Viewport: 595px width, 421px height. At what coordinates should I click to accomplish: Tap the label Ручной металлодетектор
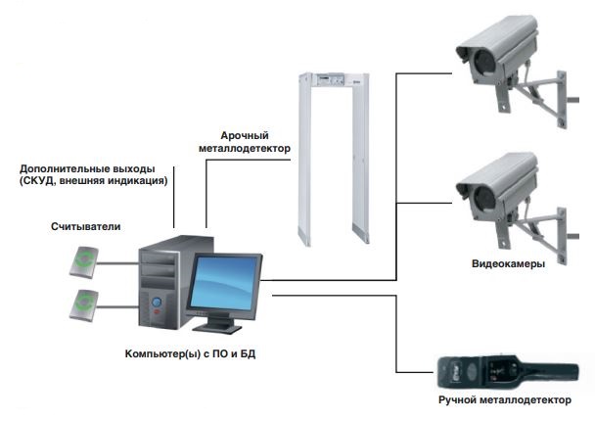[504, 400]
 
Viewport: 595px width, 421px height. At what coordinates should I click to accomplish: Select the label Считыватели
[86, 226]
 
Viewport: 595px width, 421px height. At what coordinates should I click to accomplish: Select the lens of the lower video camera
[482, 199]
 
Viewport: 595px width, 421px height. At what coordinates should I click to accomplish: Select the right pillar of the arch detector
[361, 166]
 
